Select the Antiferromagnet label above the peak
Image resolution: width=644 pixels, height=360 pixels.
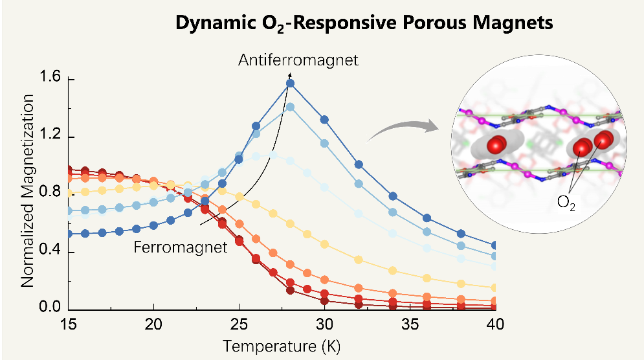(x=298, y=61)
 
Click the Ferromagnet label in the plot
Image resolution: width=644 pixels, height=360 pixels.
(x=181, y=247)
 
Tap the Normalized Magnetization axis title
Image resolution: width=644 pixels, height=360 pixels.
(x=27, y=190)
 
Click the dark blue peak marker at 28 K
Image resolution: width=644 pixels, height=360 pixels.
(x=290, y=83)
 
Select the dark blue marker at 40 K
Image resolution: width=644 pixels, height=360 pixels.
(x=495, y=245)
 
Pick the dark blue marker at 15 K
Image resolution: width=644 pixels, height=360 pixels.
(x=68, y=234)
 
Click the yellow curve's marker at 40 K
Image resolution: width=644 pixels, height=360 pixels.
(x=495, y=287)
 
